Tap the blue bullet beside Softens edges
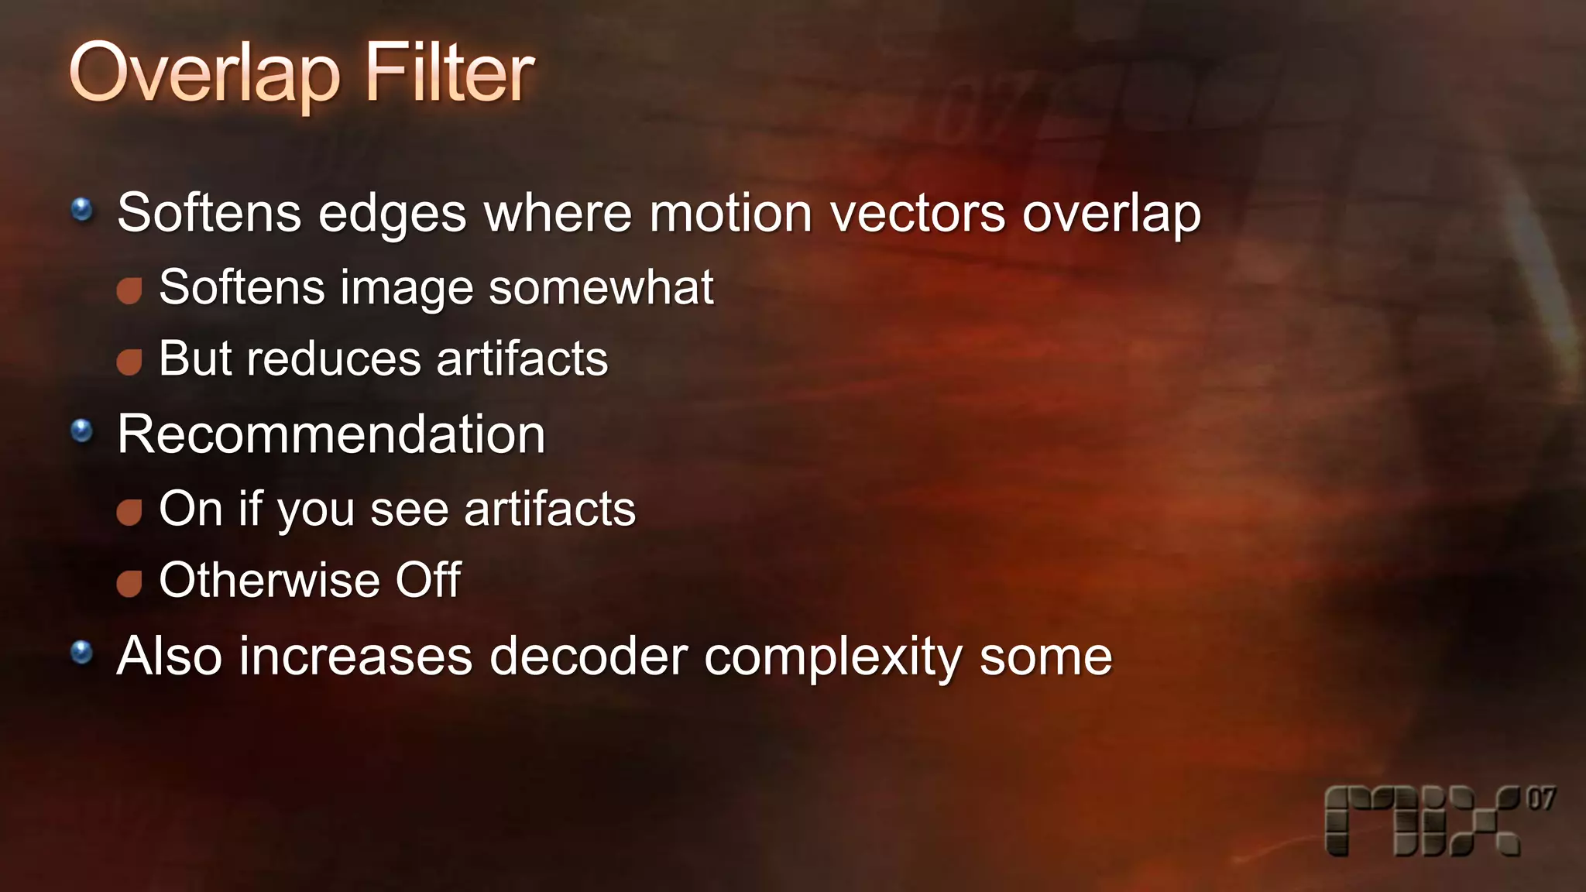[82, 209]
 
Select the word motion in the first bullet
[730, 213]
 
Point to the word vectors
[918, 213]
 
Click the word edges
[392, 214]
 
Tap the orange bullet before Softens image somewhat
[129, 290]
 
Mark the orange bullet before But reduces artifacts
[129, 362]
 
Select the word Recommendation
[331, 434]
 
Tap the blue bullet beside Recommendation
[82, 431]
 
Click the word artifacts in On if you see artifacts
[550, 509]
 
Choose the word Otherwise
[269, 580]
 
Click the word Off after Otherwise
[428, 580]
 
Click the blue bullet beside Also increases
[82, 653]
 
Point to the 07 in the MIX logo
[1540, 798]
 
